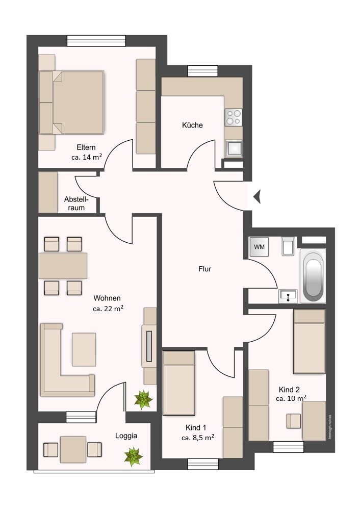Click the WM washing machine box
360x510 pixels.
coord(260,247)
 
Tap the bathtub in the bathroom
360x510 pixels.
coord(313,275)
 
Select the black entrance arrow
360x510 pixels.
coord(258,196)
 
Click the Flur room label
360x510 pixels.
coord(204,269)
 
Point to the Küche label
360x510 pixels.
coord(192,125)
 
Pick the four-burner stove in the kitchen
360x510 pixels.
coord(234,117)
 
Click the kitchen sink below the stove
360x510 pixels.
coord(234,148)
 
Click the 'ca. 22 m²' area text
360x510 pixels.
coord(108,309)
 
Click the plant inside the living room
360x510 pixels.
coord(143,399)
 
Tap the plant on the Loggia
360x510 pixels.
coord(134,455)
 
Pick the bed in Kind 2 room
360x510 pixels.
coord(309,342)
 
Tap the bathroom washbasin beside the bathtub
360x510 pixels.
coord(288,295)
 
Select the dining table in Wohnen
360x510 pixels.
coord(63,266)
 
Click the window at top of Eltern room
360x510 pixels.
coord(96,41)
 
